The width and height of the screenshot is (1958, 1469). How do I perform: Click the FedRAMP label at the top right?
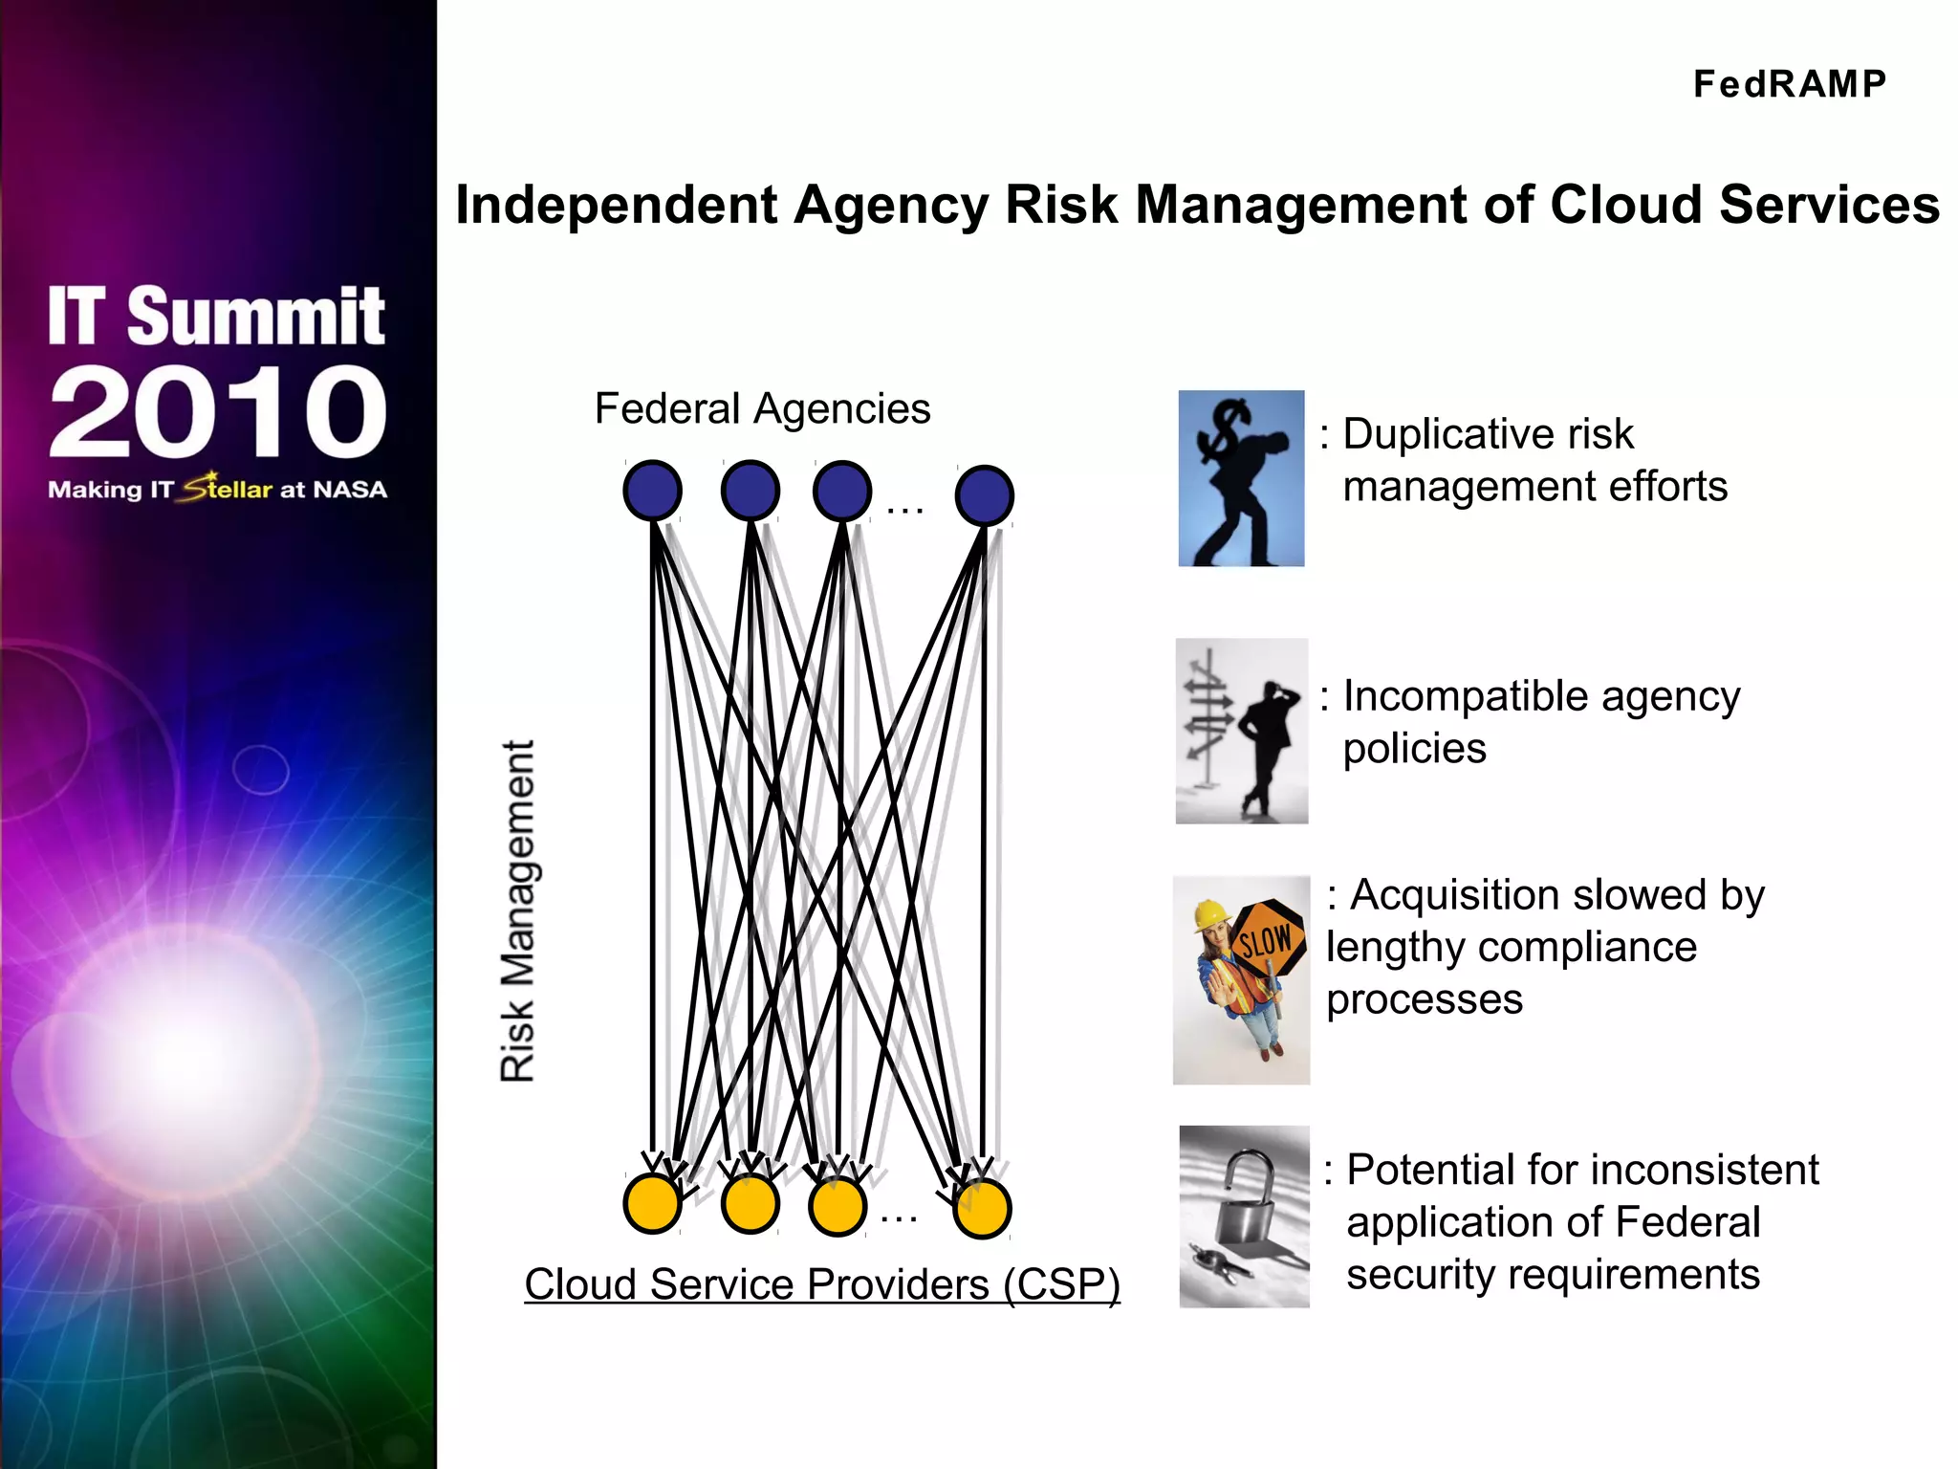[x=1789, y=84]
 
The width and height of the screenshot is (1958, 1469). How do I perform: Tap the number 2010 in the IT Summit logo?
[x=218, y=411]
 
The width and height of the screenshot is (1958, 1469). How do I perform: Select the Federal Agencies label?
[x=762, y=408]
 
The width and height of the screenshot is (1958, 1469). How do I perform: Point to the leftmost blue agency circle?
[x=652, y=491]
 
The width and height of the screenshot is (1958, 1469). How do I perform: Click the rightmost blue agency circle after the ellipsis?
[x=984, y=495]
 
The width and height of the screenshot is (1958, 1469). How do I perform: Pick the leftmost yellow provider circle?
[x=652, y=1203]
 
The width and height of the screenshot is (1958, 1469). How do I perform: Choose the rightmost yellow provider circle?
[x=982, y=1209]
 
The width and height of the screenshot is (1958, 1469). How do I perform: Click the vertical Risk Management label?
[x=518, y=910]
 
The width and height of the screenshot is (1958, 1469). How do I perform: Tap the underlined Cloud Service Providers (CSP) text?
[x=821, y=1283]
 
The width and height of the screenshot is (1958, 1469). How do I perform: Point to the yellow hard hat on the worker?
[x=1211, y=914]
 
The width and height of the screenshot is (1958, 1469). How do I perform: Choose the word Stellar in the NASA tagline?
[x=228, y=488]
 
